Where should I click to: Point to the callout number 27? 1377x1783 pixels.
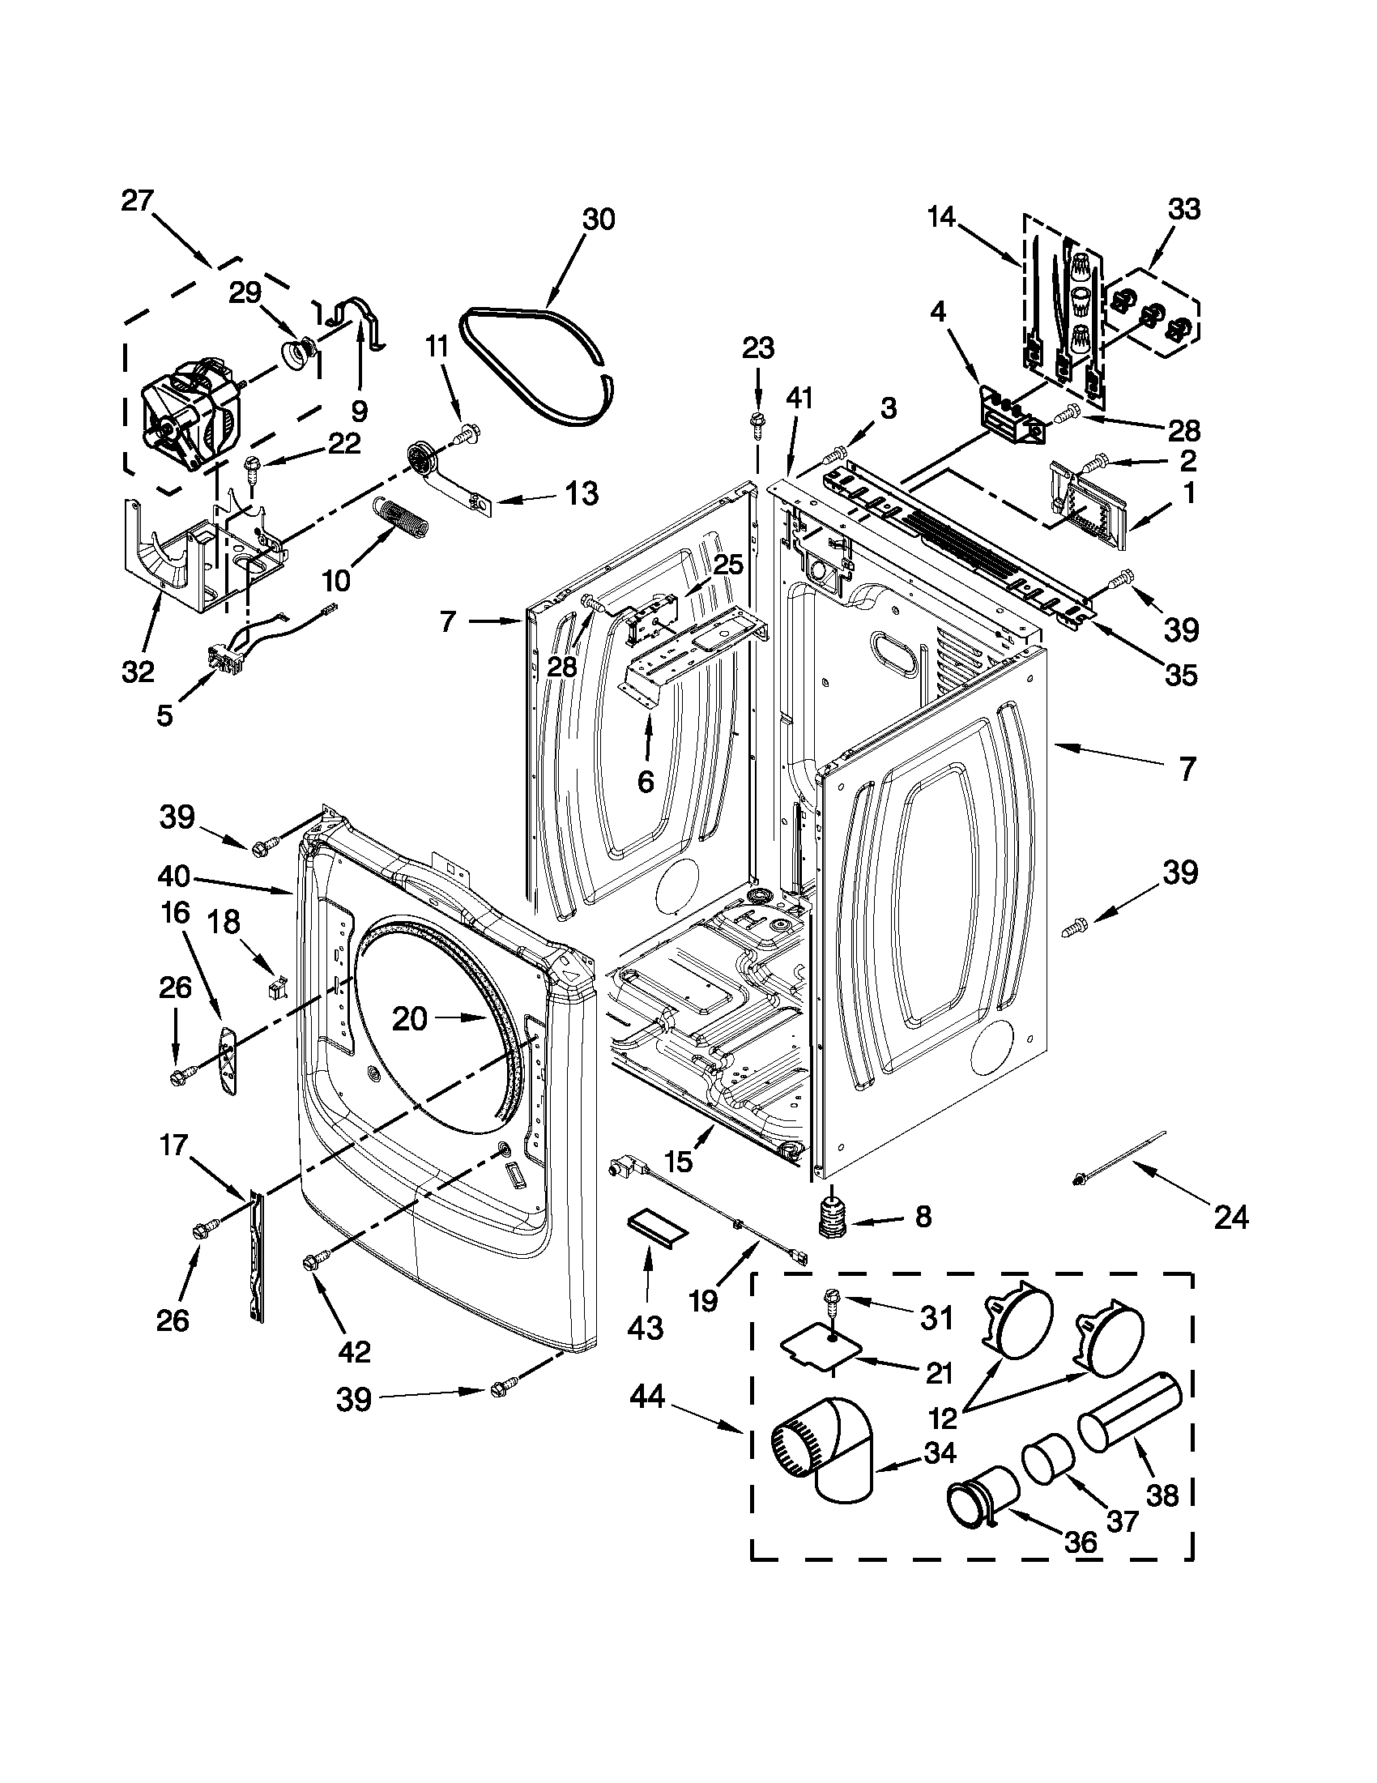tap(138, 201)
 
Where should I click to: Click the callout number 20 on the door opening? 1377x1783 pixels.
tap(409, 1018)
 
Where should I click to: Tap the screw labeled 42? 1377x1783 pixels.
tap(313, 1264)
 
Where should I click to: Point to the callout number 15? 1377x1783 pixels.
tap(679, 1160)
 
